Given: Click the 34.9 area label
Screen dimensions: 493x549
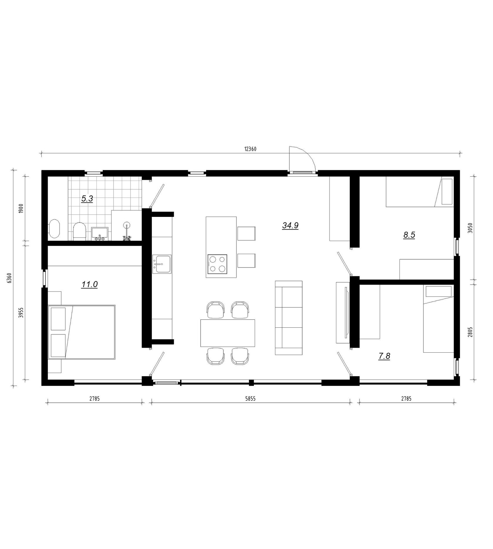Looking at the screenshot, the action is [x=290, y=225].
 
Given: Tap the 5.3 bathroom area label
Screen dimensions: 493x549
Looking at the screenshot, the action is [x=87, y=199].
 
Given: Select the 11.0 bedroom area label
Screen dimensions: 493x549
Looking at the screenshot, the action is [x=90, y=284].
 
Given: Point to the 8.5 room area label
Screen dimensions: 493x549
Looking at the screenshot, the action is [x=409, y=235].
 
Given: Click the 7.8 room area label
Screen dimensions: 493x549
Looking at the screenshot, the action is [x=384, y=356].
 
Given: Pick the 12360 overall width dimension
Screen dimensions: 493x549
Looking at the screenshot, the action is [x=250, y=149].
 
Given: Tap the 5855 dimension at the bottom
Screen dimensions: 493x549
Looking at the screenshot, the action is [x=250, y=399].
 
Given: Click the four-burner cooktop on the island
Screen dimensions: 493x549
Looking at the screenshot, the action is [x=217, y=264].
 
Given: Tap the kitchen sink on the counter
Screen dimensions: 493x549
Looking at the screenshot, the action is [x=162, y=264].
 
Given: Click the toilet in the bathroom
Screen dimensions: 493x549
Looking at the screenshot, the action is [x=79, y=230].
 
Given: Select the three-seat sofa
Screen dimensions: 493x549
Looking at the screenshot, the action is [x=288, y=318].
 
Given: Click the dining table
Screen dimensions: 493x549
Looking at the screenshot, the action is [x=228, y=333].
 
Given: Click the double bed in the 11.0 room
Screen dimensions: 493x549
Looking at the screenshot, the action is [x=82, y=332].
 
